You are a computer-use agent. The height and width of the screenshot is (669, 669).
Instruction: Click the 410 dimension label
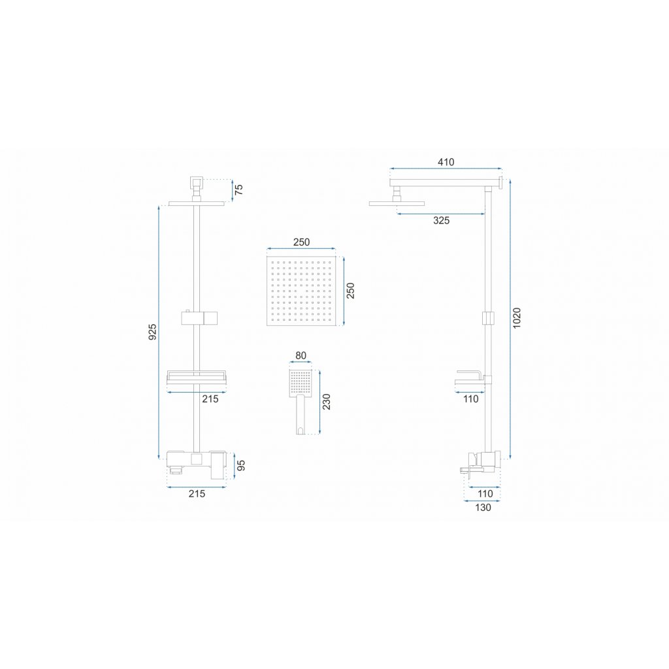[446, 162]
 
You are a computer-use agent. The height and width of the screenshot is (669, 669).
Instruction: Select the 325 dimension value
[441, 221]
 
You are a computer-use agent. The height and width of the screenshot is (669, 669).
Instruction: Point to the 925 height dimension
[152, 332]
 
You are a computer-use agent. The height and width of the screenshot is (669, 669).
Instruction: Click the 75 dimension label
[239, 189]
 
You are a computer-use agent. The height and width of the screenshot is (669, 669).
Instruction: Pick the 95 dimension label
[241, 466]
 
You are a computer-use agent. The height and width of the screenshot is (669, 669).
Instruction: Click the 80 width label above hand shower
[301, 356]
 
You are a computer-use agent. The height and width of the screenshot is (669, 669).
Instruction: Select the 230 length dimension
[327, 401]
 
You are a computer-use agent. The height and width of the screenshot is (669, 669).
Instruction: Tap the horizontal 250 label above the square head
[301, 242]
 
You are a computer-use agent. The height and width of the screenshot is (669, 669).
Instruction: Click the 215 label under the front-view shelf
[209, 399]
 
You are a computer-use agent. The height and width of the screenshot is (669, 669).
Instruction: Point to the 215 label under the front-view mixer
[197, 494]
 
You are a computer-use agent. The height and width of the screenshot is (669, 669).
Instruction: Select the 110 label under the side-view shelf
[470, 399]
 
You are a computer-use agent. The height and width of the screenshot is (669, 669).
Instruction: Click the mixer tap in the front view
[197, 461]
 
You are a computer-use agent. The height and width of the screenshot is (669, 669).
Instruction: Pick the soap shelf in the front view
[197, 378]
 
